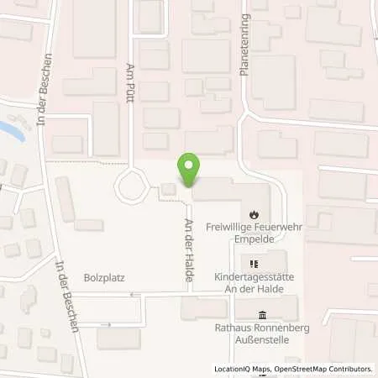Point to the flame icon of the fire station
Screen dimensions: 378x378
tap(255, 213)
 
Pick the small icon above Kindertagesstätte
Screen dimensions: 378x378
tap(255, 264)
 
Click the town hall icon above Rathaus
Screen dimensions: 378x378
tap(255, 314)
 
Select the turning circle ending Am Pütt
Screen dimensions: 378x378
tap(132, 185)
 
